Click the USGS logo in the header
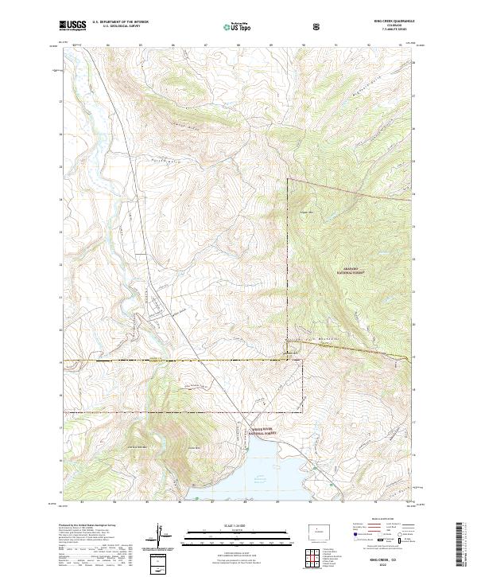(x=72, y=25)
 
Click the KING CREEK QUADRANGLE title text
(x=387, y=22)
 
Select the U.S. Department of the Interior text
(x=120, y=22)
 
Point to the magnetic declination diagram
(x=161, y=536)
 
